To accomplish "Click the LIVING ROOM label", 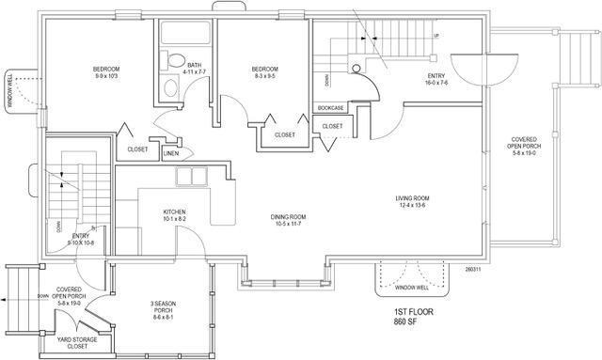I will (x=412, y=197).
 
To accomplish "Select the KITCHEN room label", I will (x=175, y=212).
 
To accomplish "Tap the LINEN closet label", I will (x=170, y=152).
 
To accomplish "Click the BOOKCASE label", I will (x=331, y=109).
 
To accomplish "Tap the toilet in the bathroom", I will (x=170, y=87).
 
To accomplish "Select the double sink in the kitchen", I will (x=193, y=178).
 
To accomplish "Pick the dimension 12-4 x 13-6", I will (x=412, y=204).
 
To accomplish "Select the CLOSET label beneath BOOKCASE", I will (x=332, y=126).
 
